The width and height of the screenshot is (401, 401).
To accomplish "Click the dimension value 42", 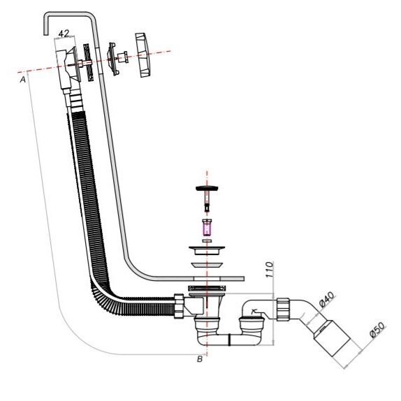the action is pyautogui.click(x=64, y=34).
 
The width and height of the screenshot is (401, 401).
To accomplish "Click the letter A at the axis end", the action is pyautogui.click(x=23, y=80).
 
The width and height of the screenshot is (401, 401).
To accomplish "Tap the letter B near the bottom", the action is pyautogui.click(x=200, y=359).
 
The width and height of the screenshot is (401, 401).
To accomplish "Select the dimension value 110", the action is pyautogui.click(x=270, y=270).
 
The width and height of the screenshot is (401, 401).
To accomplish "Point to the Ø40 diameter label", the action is pyautogui.click(x=326, y=299).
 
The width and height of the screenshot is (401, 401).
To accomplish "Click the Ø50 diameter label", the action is pyautogui.click(x=377, y=330).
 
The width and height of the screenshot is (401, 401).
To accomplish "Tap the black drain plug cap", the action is pyautogui.click(x=207, y=189).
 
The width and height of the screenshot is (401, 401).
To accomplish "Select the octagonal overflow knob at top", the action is pyautogui.click(x=143, y=54).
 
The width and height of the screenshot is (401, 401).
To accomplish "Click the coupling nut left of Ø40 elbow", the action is pyautogui.click(x=283, y=309).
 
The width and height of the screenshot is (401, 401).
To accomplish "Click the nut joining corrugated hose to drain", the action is pyautogui.click(x=179, y=306).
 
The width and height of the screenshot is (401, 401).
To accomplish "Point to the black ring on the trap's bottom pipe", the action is pyautogui.click(x=229, y=340).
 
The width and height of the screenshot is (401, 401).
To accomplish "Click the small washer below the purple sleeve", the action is pyautogui.click(x=207, y=241).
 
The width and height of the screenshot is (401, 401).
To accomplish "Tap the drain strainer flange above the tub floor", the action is pyautogui.click(x=207, y=250).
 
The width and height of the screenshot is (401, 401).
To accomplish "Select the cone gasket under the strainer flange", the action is pyautogui.click(x=207, y=265).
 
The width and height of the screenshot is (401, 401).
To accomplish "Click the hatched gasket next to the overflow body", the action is pyautogui.click(x=89, y=63).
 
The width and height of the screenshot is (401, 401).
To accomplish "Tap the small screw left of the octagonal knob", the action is pyautogui.click(x=123, y=57).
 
